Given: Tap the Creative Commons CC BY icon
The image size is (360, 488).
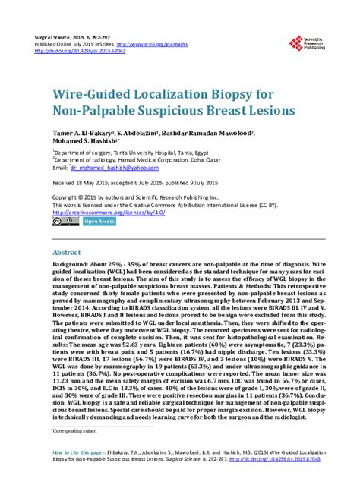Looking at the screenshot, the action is point(61,222).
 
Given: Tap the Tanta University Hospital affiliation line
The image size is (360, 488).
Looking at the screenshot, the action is point(118,152).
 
